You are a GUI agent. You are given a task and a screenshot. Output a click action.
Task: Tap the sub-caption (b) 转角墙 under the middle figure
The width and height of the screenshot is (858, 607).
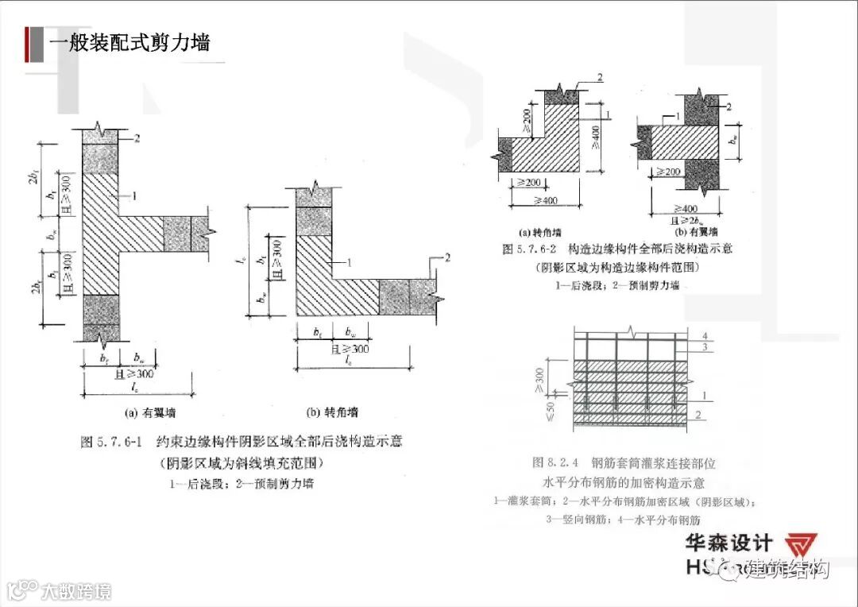click(332, 412)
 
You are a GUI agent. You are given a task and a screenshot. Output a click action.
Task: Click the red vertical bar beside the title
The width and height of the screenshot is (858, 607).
click(30, 43)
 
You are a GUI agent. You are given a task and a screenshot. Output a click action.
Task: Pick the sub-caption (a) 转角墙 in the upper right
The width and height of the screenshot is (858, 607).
click(540, 233)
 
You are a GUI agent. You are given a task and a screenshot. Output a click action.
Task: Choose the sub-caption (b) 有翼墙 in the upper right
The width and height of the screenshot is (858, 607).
click(696, 233)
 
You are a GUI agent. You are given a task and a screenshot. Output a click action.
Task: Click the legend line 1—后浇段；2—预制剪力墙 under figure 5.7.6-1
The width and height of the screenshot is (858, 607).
click(241, 484)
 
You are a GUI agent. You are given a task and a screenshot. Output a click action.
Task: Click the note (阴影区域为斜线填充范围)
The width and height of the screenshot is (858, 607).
click(241, 464)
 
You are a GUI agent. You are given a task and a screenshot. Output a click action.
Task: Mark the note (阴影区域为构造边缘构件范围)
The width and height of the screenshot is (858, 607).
click(617, 267)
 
